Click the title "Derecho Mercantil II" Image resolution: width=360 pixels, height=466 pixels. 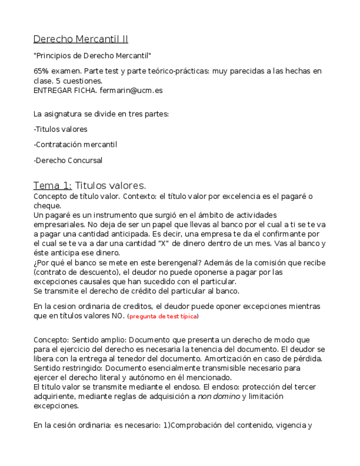coord(81,39)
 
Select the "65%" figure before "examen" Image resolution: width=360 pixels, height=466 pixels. coord(42,71)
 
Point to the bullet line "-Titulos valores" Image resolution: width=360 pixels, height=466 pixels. coord(60,129)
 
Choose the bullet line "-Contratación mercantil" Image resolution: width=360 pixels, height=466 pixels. coord(75,145)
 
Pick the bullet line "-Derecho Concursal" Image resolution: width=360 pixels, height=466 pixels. coord(68,160)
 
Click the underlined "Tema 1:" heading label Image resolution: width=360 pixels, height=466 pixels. coord(53,186)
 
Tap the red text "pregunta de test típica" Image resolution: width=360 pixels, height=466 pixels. coord(163,317)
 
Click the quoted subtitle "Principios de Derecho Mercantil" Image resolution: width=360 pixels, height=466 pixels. coord(92,56)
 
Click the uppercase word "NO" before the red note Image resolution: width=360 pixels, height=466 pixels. coord(117,316)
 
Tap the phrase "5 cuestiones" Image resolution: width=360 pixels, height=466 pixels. coord(79,81)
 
